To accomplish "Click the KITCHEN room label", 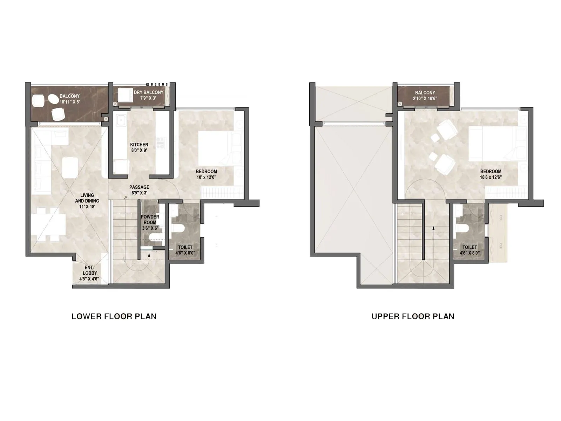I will coord(139,147).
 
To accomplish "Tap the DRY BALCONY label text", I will coord(149,95).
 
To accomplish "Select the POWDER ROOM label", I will coord(150,222).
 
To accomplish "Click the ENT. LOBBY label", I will coord(89,273).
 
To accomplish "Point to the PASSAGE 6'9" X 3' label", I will coord(139,190).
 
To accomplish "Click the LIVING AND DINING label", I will coord(87,201).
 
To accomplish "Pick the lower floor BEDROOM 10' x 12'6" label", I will coord(206,174).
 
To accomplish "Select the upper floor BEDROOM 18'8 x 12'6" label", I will coord(491,174).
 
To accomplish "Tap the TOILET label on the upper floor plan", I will coord(469,250).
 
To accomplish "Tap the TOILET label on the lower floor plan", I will coord(185,250).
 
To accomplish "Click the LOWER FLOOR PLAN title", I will coord(114,316).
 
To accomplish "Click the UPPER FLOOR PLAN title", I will coord(413,316).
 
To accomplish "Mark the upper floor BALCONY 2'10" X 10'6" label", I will coord(425,95).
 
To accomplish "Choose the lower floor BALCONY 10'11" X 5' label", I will coord(69,99).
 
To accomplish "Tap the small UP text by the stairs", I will coord(126,198).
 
